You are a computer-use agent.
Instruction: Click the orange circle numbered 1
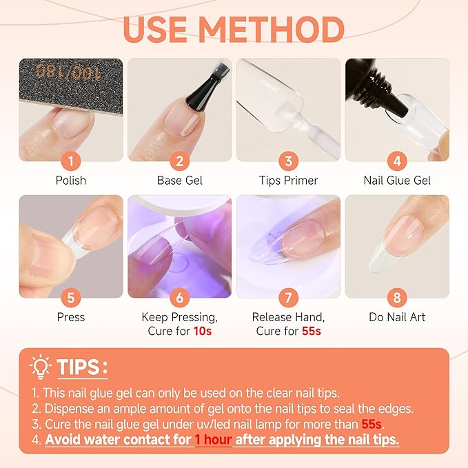pyautogui.click(x=71, y=162)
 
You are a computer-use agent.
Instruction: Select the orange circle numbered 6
pyautogui.click(x=180, y=298)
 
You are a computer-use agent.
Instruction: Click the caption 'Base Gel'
pyautogui.click(x=180, y=181)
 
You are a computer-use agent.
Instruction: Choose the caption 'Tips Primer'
pyautogui.click(x=288, y=181)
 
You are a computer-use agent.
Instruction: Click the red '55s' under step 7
pyautogui.click(x=312, y=332)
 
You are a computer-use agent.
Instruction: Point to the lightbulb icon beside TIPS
pyautogui.click(x=41, y=365)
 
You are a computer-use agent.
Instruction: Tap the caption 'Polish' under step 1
pyautogui.click(x=71, y=181)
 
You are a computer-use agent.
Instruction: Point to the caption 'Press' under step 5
pyautogui.click(x=71, y=317)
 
